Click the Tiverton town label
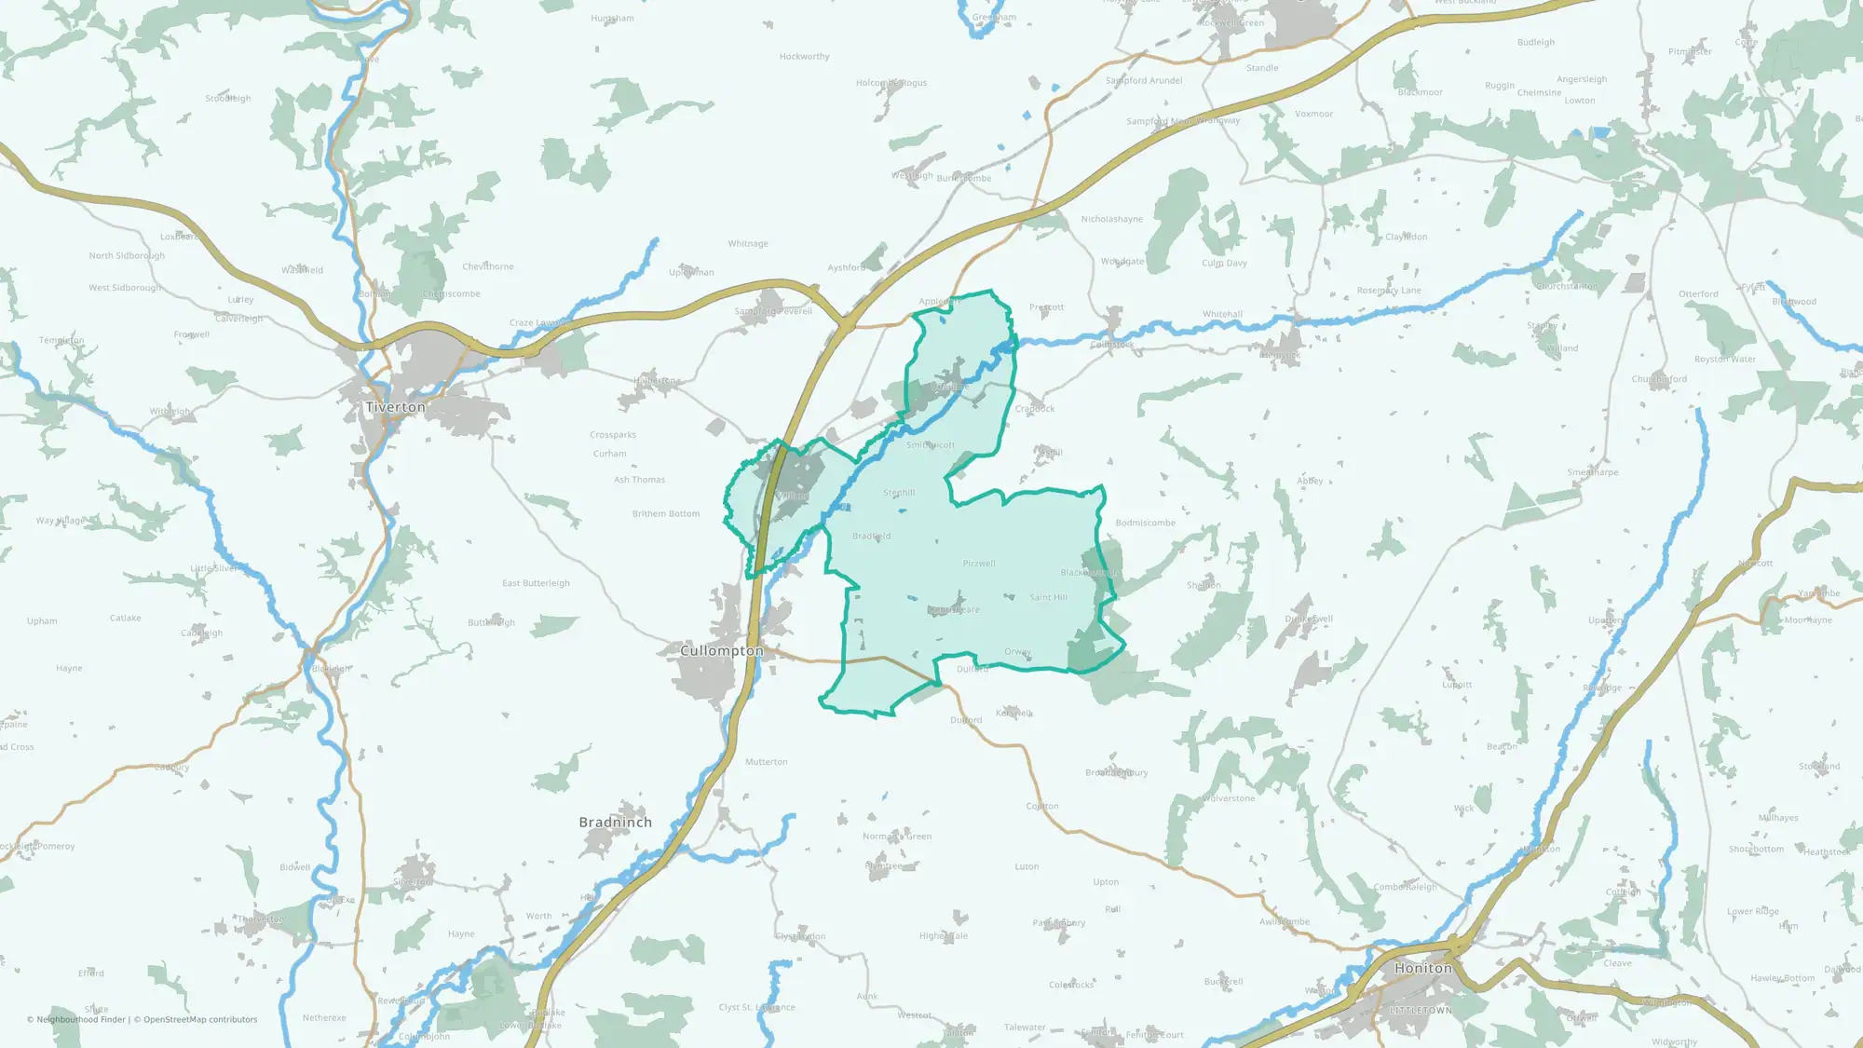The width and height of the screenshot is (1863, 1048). [395, 407]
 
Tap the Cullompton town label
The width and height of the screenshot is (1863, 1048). [721, 650]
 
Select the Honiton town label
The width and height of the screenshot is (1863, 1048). [1422, 968]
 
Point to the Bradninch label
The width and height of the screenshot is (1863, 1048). [615, 822]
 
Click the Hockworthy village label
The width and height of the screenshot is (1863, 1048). [804, 57]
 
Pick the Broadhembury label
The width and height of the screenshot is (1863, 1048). [1116, 772]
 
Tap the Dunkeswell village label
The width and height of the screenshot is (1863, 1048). [1309, 619]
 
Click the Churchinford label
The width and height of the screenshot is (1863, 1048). [1659, 379]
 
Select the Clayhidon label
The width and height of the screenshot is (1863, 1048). [1406, 237]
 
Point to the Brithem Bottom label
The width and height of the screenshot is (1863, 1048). [665, 513]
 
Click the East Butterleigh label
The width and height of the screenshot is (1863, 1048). [536, 583]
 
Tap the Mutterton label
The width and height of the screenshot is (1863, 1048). [766, 762]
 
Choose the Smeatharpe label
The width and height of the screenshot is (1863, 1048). [1592, 472]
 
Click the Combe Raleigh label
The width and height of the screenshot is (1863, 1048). [1405, 887]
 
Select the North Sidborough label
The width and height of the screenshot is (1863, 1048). [127, 255]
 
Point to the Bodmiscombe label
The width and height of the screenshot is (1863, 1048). [1145, 523]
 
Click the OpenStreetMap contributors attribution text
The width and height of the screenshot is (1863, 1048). [199, 1019]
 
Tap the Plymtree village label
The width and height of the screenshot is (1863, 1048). [883, 865]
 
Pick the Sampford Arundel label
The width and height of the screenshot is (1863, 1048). [1144, 80]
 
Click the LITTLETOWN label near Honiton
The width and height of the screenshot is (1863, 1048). [1421, 1010]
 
